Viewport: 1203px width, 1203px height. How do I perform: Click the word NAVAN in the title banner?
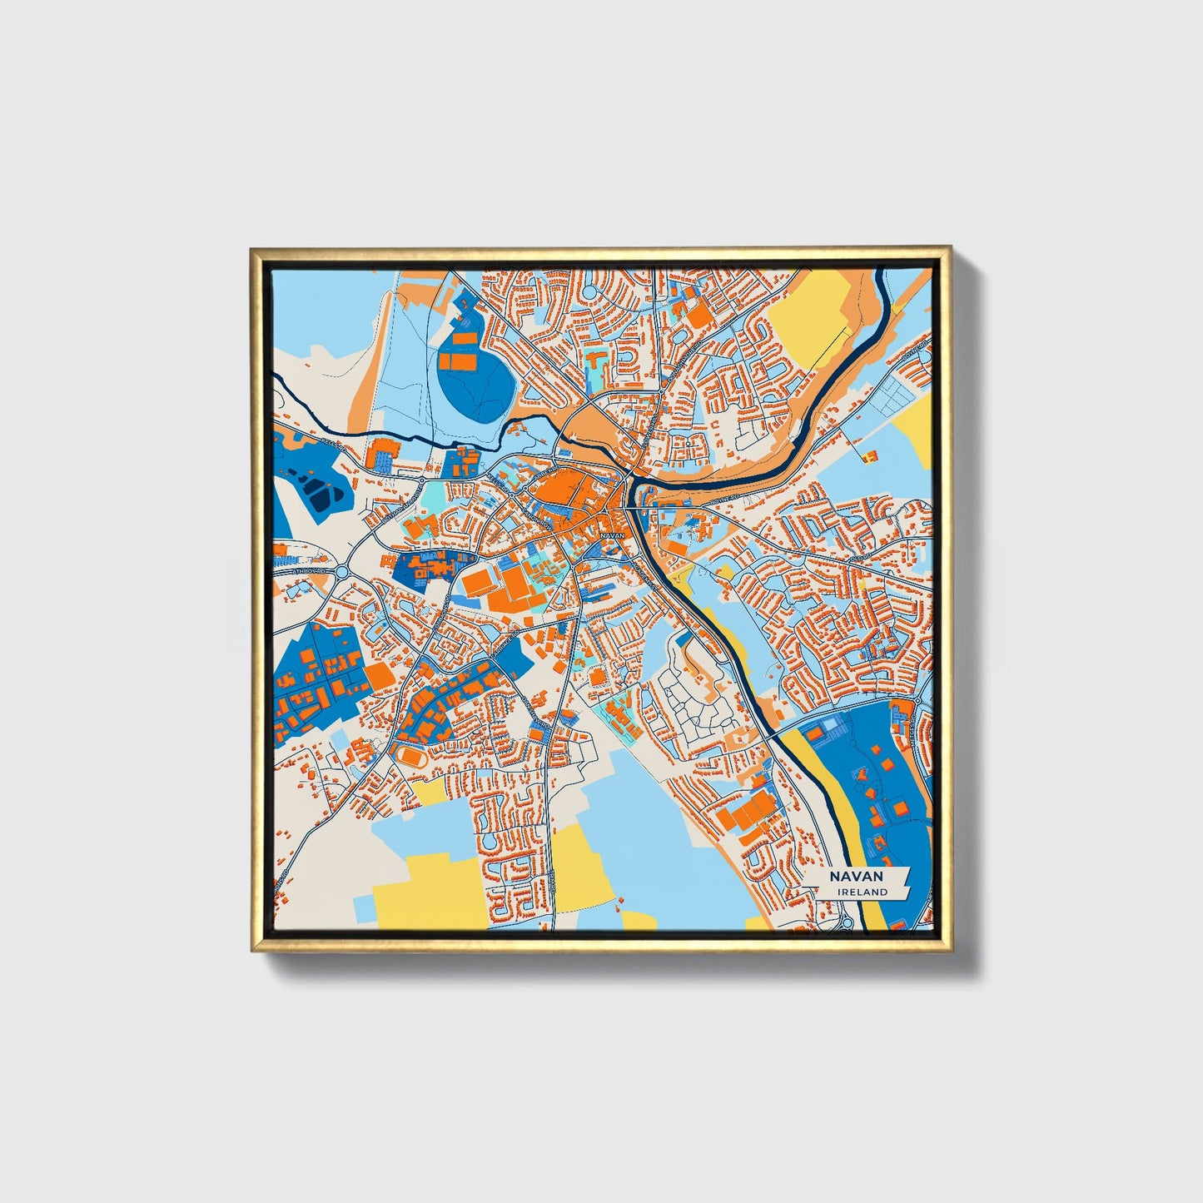[855, 876]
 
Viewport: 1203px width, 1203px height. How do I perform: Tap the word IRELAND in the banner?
[862, 892]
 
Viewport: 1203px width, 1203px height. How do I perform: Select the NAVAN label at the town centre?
[611, 536]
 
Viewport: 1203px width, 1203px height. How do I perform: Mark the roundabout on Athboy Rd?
[342, 571]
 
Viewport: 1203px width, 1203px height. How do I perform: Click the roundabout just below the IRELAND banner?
[848, 920]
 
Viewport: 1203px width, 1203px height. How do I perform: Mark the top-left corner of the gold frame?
[253, 250]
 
